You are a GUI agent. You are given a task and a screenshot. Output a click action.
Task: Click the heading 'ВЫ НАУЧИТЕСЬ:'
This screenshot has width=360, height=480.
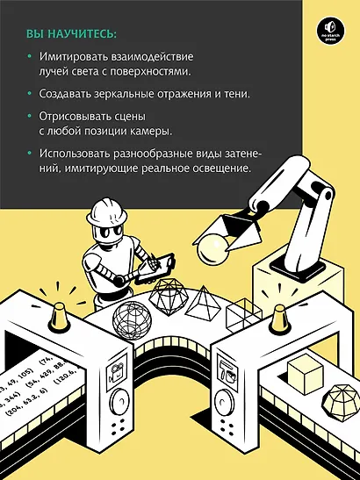70,34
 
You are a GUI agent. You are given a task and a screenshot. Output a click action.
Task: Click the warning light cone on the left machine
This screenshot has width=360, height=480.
54,305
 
